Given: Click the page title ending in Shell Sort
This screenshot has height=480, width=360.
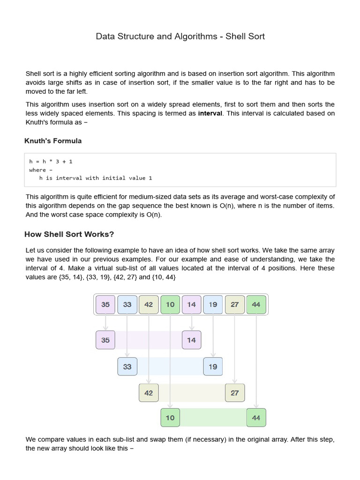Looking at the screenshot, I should [180, 36].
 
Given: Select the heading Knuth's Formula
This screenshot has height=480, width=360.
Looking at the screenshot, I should [53, 141].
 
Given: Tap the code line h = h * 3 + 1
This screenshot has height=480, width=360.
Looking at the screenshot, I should [51, 161].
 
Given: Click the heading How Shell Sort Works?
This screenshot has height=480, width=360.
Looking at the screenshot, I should [70, 234].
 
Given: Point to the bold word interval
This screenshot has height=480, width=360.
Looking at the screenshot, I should [210, 113].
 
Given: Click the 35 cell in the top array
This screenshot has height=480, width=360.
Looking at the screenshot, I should [105, 304].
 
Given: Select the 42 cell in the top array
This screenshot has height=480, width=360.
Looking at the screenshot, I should [149, 304].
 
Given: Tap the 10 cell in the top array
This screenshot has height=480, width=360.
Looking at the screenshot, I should [170, 304].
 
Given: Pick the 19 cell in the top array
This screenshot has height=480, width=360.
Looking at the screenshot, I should [213, 304].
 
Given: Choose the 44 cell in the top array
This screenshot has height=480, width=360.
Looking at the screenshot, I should [256, 304].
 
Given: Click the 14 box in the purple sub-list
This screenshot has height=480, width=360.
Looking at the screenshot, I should [191, 340].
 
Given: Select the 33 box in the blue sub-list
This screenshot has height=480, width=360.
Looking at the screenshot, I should [127, 367].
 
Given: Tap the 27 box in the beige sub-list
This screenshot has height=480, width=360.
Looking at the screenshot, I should [234, 393].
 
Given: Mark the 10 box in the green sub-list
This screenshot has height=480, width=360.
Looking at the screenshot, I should [170, 418].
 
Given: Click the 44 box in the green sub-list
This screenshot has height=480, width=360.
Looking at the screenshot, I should [256, 418].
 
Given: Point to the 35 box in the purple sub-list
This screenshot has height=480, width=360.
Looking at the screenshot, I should [105, 340].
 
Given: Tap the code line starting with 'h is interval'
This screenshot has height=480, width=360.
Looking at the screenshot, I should [96, 178].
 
